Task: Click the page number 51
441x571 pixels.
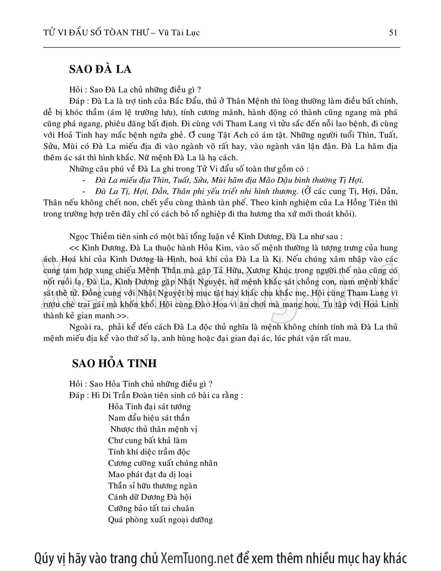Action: pos(393,32)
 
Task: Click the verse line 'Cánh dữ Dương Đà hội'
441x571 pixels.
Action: pos(144,497)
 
